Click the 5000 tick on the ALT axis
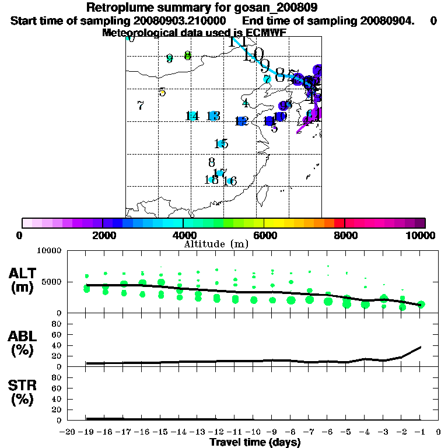point(51,282)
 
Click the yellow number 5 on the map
point(162,92)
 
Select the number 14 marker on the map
point(192,116)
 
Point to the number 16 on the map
point(230,181)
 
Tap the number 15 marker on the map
point(221,144)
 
